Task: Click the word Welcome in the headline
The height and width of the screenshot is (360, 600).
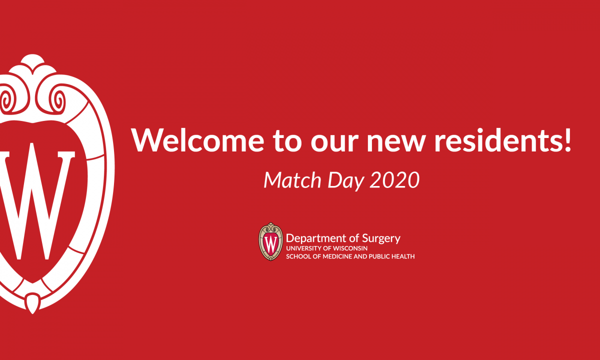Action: point(197,140)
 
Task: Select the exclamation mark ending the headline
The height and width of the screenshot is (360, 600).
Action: point(567,140)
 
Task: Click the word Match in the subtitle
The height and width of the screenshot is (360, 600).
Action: point(292,179)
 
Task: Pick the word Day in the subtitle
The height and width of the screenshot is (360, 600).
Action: point(346,181)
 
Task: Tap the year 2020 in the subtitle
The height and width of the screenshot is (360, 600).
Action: point(394,179)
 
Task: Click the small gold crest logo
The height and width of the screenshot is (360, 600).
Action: point(270,241)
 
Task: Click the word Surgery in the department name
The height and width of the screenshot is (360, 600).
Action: point(381,238)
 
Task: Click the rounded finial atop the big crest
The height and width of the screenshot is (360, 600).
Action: point(32,61)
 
